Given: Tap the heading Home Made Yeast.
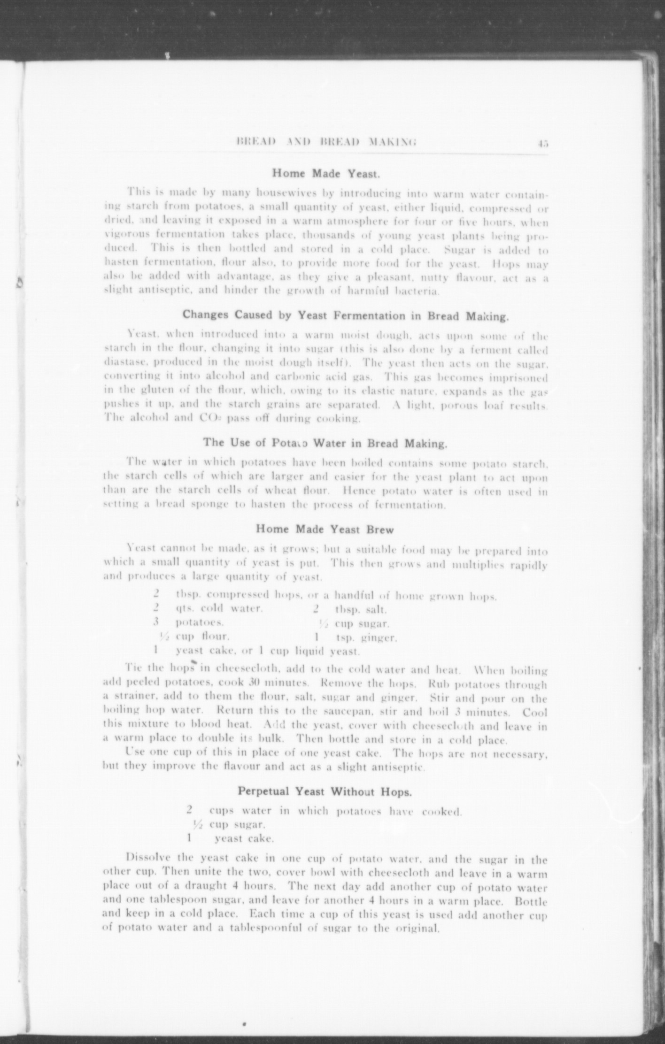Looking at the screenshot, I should [x=326, y=174].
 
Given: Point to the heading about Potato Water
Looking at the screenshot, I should [x=325, y=443].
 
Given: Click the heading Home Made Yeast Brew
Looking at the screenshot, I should [x=325, y=530].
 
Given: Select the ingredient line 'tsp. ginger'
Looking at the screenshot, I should [x=366, y=638].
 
